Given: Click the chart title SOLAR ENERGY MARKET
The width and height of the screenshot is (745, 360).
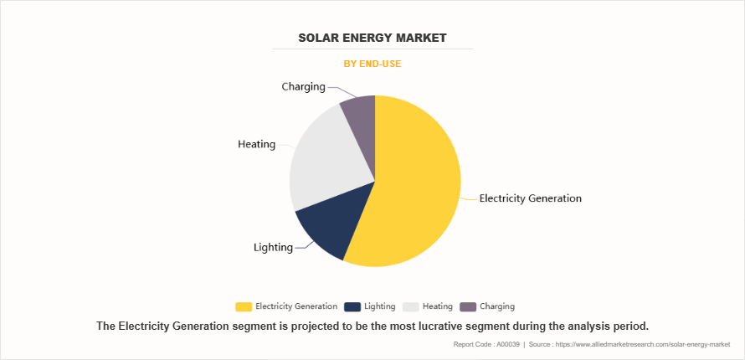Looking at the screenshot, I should point(372,38).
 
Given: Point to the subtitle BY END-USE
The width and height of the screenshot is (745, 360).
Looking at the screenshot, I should point(372,63).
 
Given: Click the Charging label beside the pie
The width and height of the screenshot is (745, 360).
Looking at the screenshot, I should point(303,86).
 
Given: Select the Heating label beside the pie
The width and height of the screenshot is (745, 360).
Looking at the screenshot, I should point(256,144).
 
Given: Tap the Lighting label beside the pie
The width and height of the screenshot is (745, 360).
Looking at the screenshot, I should point(273,247).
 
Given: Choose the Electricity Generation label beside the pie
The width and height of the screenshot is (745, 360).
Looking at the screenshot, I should point(530,198).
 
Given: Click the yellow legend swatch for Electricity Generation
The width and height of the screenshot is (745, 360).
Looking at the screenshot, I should point(244,306).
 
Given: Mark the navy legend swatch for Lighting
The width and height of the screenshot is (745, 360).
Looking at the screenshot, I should point(352,306).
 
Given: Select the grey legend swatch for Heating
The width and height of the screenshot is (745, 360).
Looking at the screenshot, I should point(410,306).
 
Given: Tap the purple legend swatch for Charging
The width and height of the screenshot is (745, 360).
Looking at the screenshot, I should point(468,306).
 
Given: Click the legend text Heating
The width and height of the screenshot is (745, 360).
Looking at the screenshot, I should point(437,306).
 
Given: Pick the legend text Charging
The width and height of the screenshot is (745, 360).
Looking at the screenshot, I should point(497,306).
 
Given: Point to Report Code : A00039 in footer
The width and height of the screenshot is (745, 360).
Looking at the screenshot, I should point(486,344).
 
